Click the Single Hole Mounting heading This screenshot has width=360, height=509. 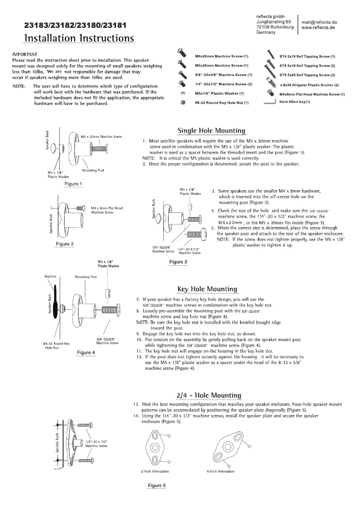point(211,131)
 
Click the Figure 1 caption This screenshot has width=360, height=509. point(73,184)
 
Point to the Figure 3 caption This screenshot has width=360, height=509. point(178,262)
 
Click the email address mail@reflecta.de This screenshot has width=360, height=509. point(319,22)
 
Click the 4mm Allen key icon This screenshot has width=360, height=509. point(269,102)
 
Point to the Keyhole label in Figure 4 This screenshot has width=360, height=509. point(49,277)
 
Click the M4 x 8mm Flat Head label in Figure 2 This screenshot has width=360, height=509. point(107,209)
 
